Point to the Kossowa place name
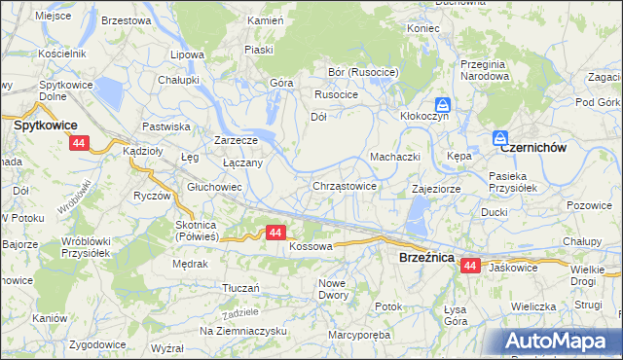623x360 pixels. (x=311, y=247)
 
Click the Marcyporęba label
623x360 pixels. (x=359, y=338)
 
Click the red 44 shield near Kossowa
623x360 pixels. (x=275, y=233)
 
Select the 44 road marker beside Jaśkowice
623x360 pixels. (x=471, y=265)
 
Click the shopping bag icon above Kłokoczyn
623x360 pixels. (x=442, y=103)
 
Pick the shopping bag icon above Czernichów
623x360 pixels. (x=500, y=138)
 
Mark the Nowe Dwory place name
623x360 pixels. (x=333, y=289)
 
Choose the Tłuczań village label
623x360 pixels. (x=240, y=287)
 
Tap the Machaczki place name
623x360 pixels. (x=393, y=157)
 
